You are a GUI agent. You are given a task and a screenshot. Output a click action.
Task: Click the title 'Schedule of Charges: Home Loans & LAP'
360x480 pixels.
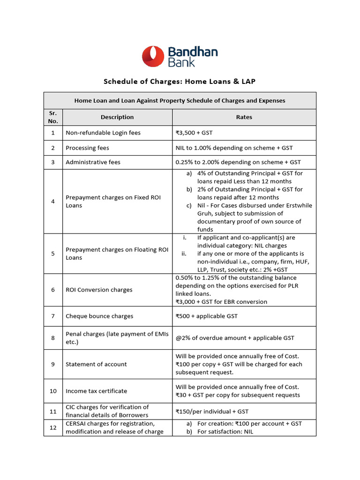(x=180, y=82)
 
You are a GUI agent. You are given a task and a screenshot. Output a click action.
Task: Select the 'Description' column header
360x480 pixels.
(x=117, y=117)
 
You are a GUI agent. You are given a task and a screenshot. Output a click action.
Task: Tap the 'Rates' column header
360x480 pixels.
(x=244, y=117)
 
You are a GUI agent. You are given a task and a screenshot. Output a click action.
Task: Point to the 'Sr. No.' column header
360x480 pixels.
(x=52, y=117)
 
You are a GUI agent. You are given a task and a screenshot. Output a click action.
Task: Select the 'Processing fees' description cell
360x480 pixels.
(x=87, y=148)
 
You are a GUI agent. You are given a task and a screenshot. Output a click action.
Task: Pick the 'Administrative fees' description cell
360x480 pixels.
(x=93, y=162)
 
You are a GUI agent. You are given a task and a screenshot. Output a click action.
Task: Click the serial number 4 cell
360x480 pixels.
(x=53, y=201)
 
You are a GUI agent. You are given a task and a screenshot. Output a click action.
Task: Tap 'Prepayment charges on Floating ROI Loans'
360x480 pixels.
(x=117, y=254)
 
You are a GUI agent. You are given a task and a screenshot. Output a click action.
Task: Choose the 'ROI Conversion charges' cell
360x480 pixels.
(x=99, y=290)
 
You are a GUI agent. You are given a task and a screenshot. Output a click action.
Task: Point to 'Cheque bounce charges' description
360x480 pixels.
(x=99, y=316)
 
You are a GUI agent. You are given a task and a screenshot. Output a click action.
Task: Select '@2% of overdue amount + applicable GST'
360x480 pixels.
(x=235, y=337)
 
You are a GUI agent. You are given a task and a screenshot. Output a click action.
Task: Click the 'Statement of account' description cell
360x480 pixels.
(x=96, y=364)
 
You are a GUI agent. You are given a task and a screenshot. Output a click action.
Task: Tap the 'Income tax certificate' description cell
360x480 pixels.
(x=96, y=391)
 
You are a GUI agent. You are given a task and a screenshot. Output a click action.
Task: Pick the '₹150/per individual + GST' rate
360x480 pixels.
(x=212, y=411)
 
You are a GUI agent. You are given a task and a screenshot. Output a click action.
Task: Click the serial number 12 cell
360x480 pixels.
(x=53, y=427)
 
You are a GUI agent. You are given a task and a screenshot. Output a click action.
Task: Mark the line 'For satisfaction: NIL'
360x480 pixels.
(x=225, y=432)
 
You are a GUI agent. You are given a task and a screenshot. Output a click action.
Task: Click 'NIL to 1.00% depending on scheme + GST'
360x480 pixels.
(x=234, y=148)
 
